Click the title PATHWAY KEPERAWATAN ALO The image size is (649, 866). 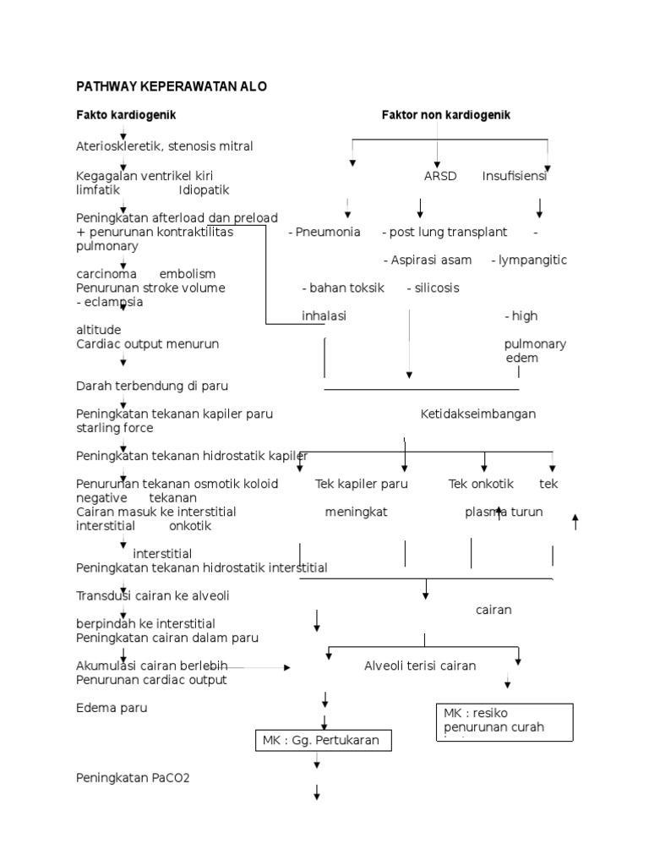pos(172,87)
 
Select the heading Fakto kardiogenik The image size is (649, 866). pos(126,114)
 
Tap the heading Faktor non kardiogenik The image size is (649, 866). pos(445,114)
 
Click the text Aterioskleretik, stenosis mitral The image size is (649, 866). pos(165,146)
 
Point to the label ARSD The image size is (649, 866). pos(440,177)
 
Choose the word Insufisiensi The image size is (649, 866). pos(515,177)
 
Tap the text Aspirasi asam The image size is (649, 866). pos(428,260)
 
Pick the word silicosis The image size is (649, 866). pos(436,288)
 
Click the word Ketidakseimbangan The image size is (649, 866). pos(478,414)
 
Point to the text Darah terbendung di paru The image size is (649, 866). pos(152,386)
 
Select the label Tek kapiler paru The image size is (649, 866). pos(362,484)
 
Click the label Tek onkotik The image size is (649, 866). pos(481,484)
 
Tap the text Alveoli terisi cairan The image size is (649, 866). pos(420,666)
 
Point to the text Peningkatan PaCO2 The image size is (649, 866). pos(134,777)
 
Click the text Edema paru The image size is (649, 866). pos(112,708)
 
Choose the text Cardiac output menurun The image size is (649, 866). pos(148,344)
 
